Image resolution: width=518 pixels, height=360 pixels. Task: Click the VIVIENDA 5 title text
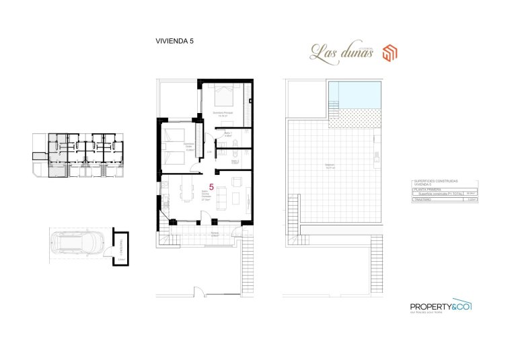tap(174, 41)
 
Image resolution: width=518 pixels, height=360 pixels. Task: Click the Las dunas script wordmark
tap(341, 51)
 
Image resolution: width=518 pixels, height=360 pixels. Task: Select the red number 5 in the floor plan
tap(211, 187)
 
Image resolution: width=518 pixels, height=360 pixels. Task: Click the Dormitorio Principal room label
tap(223, 113)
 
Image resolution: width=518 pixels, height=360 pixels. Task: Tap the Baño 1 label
tap(228, 134)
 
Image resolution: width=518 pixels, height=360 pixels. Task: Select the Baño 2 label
tap(235, 161)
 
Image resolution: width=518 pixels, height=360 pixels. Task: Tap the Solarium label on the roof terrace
tap(330, 167)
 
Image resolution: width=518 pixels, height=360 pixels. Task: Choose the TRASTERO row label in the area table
tap(424, 199)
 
